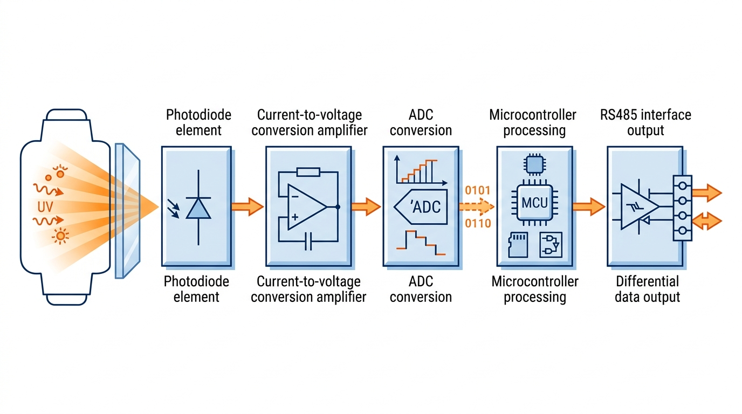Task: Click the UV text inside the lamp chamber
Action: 46,207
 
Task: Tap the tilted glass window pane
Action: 128,210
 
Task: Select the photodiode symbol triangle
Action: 198,208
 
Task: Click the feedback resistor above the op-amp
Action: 308,172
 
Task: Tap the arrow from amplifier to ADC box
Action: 366,206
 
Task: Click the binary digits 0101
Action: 477,191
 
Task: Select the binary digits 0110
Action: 477,223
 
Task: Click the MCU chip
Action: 534,203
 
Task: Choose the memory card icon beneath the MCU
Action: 518,244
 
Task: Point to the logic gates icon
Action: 551,244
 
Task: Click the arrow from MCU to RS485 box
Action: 588,206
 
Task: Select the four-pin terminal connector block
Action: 682,208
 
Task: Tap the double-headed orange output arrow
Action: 706,221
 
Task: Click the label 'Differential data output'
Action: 647,289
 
